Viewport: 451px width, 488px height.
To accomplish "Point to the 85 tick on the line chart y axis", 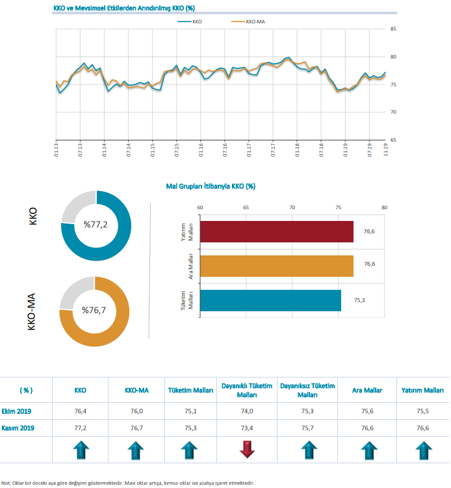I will tap(394, 29).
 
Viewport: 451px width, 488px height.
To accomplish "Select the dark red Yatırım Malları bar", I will tap(277, 232).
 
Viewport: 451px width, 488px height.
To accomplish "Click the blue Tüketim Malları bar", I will tap(271, 300).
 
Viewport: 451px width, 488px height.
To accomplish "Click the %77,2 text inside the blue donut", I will tap(96, 224).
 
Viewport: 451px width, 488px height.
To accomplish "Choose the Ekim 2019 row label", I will tap(17, 411).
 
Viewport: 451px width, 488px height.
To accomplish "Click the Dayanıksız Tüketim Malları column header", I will tap(307, 390).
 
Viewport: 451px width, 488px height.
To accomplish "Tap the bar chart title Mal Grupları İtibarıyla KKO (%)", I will tap(211, 186).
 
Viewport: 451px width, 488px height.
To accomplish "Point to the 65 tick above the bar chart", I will tap(246, 207).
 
